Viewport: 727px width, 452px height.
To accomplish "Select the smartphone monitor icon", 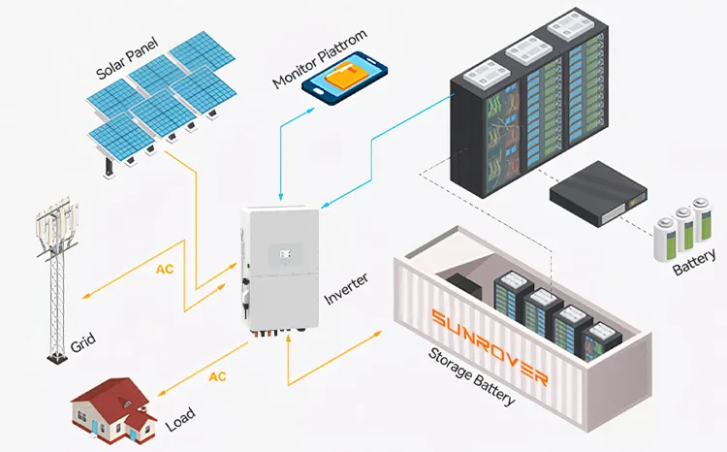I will [x=344, y=81].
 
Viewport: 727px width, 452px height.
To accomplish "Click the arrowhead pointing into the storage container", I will [x=378, y=333].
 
